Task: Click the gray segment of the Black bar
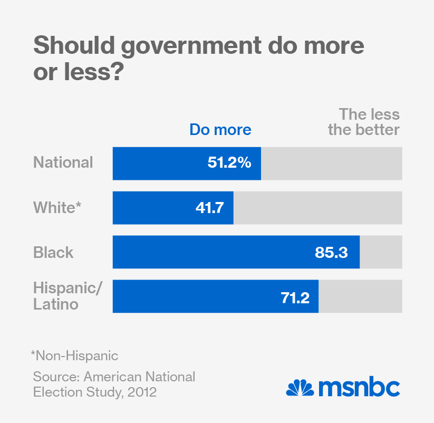click(x=381, y=252)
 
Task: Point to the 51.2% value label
click(x=229, y=164)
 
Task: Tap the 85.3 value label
click(x=331, y=252)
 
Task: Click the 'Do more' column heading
click(x=220, y=129)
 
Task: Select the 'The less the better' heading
click(x=364, y=122)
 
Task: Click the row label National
click(x=63, y=162)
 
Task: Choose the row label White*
click(x=56, y=207)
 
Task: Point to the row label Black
click(x=53, y=252)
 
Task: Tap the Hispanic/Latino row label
click(x=67, y=296)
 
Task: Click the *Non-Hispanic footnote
click(x=74, y=355)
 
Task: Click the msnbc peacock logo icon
click(x=300, y=388)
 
